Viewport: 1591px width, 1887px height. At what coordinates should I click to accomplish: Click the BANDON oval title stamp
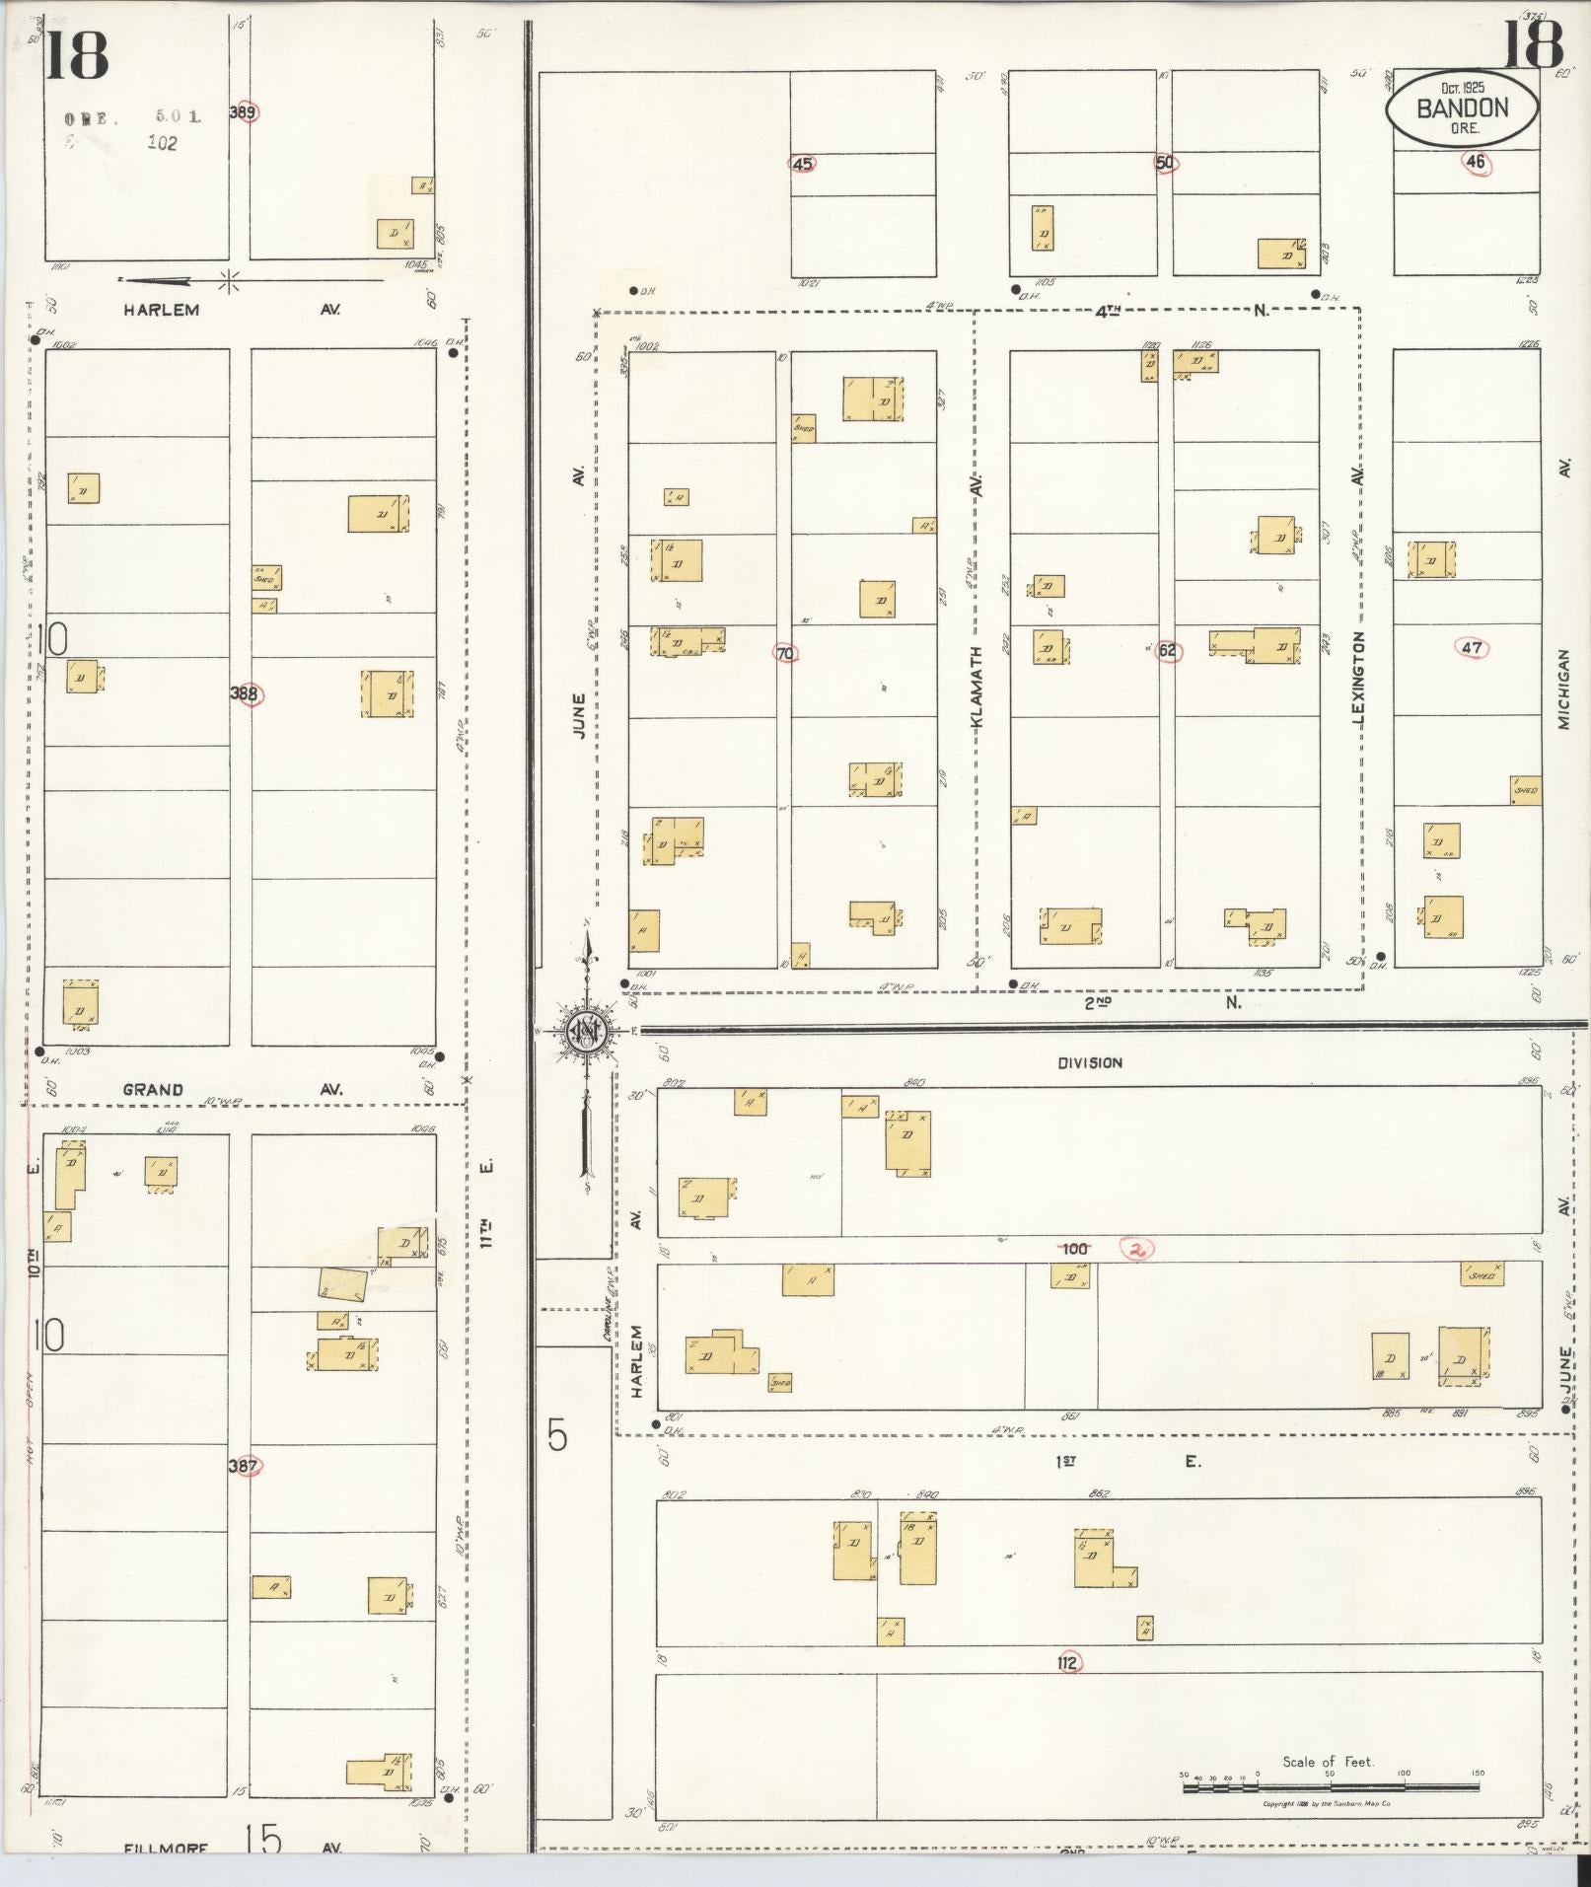[1461, 109]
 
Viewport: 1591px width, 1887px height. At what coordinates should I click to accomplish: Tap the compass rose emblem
[585, 1032]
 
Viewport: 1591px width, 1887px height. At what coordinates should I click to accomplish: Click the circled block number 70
[785, 653]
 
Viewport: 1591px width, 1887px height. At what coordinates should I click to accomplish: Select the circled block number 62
[1168, 651]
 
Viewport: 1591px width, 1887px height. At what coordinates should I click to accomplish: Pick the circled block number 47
[1472, 648]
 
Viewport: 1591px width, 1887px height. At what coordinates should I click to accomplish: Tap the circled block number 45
[802, 164]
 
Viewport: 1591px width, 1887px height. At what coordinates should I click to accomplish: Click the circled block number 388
[244, 693]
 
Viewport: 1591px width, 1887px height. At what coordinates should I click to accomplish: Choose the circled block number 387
[243, 1466]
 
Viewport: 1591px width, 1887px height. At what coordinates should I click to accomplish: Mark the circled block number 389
[243, 112]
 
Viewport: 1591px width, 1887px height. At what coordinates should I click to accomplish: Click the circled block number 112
[1066, 1663]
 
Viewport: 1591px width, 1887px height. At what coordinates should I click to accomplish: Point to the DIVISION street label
[1090, 1062]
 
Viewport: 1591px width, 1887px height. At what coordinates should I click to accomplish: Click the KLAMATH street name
[977, 688]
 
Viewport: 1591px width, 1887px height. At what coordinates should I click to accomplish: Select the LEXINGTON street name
[1360, 680]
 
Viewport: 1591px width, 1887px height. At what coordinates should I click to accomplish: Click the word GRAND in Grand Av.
[153, 1090]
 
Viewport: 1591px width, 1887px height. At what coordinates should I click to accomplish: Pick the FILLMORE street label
[166, 1848]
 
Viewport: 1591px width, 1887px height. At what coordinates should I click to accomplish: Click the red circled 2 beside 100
[1138, 1249]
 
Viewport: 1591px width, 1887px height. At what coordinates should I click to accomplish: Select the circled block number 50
[1166, 163]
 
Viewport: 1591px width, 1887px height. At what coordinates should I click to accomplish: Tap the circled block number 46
[1476, 163]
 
